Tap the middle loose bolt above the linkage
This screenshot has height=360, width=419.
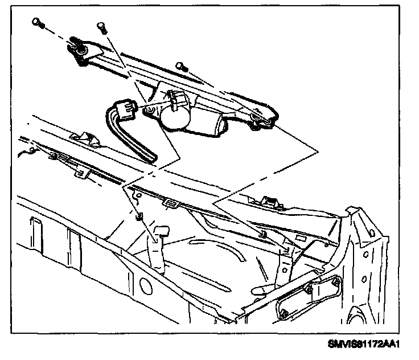pos(101,26)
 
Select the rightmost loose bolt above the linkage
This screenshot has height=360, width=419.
pos(181,66)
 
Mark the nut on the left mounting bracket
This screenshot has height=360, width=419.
pos(138,216)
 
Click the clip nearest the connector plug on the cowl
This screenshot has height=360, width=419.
pos(84,138)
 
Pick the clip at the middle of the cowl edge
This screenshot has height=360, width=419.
pos(169,202)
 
